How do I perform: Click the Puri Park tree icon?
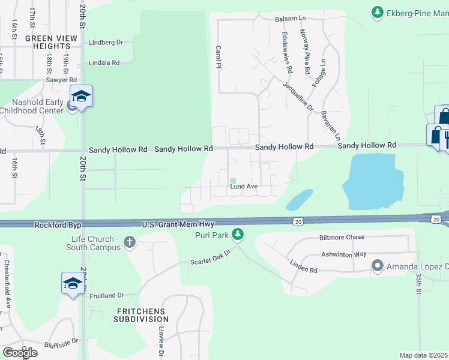tap(238, 233)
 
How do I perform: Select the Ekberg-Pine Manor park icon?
tap(377, 11)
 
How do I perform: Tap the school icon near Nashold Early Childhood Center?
tap(81, 96)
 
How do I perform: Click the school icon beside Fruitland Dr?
tap(73, 283)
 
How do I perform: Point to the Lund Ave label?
tap(244, 187)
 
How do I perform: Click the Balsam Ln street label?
tap(290, 19)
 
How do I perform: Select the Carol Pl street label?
tap(218, 57)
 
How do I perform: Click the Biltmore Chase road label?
tap(342, 237)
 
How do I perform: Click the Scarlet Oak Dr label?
tap(210, 257)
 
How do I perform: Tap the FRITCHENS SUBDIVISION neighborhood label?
tap(141, 315)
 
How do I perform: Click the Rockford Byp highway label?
tap(58, 225)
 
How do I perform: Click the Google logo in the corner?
tap(20, 353)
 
